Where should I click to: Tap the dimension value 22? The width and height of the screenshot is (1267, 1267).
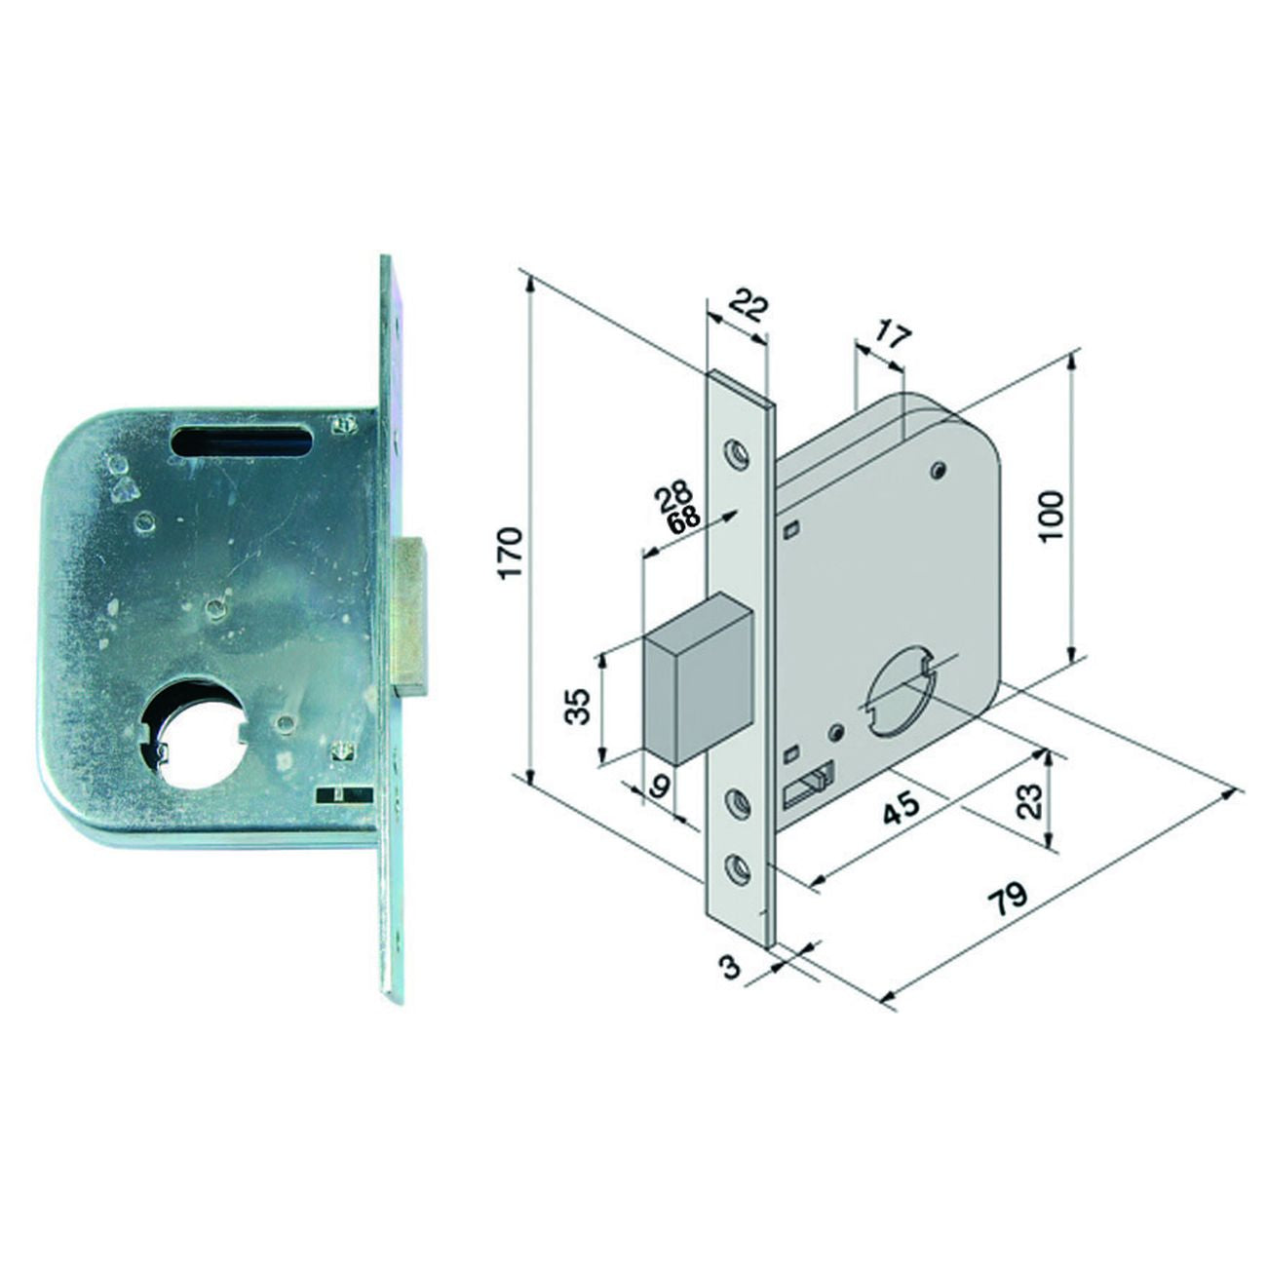(x=749, y=308)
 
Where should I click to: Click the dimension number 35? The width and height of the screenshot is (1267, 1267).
(x=579, y=706)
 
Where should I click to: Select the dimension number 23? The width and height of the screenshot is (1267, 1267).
(x=1030, y=800)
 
